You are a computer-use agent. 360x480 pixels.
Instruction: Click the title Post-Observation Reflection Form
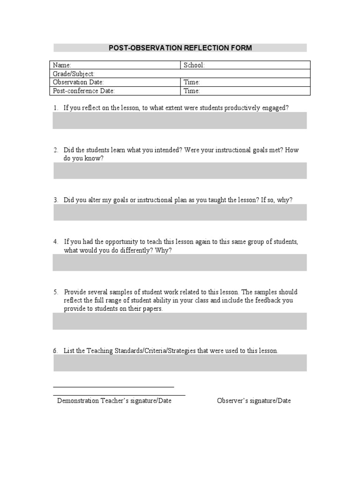(180, 48)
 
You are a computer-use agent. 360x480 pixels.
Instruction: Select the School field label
(195, 65)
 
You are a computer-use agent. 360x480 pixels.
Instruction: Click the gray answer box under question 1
(180, 120)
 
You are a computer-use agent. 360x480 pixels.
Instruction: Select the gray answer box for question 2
(180, 171)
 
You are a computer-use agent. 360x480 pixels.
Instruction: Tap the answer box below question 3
(180, 212)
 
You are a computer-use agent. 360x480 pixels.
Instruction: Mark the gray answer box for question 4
(180, 262)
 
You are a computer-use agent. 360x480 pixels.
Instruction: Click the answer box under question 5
(180, 321)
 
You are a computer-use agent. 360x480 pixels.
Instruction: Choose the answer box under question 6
(180, 363)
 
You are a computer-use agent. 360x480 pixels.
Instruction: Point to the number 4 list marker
(55, 242)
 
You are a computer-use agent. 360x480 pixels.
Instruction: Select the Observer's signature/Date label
(254, 401)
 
